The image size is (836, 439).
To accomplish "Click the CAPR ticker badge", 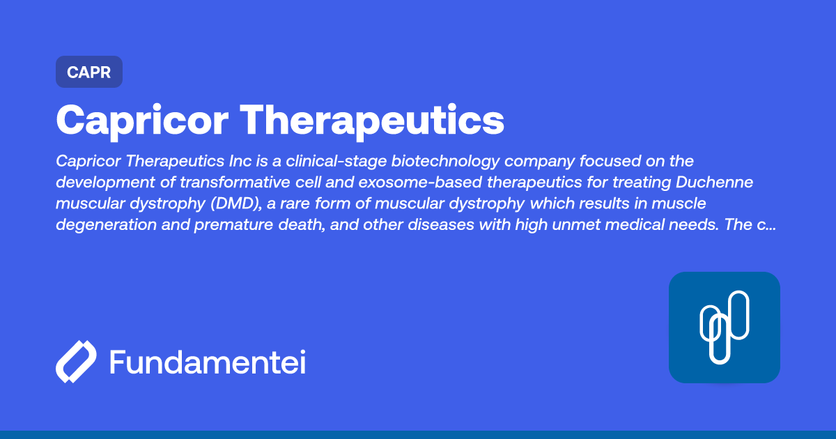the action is coord(89,72).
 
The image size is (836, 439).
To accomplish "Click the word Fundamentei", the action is coord(208,362).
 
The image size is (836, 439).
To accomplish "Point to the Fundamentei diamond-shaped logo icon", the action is coord(76,362).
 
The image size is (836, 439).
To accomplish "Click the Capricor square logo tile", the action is coord(725,328).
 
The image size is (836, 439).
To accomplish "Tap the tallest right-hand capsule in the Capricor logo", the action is coord(738,315).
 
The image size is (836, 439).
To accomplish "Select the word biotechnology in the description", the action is coord(445,162).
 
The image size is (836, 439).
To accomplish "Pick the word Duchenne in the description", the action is coord(714,183).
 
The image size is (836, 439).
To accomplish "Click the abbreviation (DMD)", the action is coord(236,203).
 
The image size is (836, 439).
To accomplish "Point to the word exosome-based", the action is coord(420,183).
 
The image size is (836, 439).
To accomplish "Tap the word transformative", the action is coord(235,183).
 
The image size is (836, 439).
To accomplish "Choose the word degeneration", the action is coord(107,225).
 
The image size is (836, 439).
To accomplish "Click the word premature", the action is coord(233,225).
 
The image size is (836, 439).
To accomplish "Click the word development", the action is coord(106,183).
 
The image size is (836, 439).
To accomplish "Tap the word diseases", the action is coord(441,224).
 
